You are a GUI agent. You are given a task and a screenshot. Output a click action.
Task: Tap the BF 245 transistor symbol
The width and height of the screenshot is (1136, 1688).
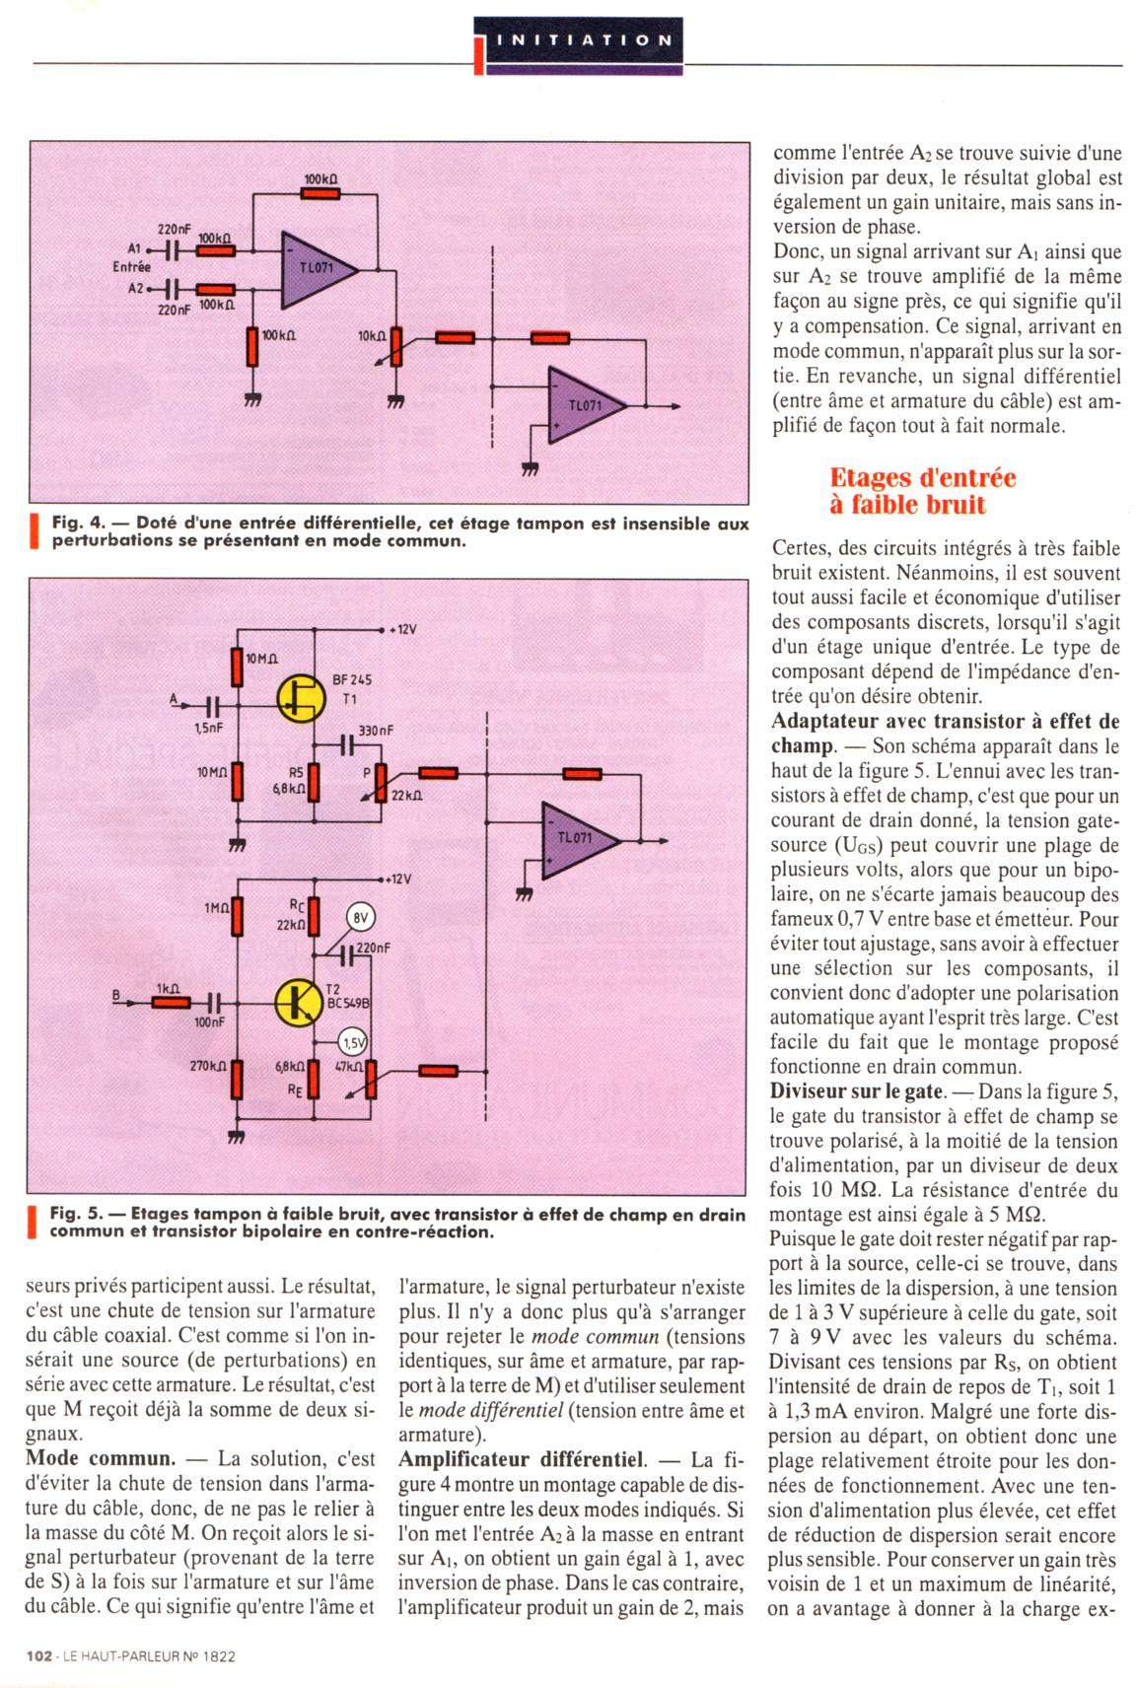tap(300, 696)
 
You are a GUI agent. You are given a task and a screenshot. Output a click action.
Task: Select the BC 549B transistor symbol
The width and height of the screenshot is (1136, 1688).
tap(296, 1001)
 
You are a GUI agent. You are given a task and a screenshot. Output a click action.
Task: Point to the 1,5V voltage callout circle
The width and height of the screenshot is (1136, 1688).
tap(352, 1041)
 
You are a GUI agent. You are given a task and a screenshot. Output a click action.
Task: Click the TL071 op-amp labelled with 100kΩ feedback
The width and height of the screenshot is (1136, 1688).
tap(320, 268)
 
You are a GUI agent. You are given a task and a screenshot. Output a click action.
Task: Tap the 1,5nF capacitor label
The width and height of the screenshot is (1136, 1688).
tap(208, 727)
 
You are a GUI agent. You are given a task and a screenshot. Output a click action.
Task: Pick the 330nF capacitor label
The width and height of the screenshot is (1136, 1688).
tap(375, 731)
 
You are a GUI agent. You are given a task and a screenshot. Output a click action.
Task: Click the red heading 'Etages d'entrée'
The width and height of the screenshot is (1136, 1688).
tap(922, 478)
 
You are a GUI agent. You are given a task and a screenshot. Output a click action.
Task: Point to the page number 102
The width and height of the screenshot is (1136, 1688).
tap(40, 1656)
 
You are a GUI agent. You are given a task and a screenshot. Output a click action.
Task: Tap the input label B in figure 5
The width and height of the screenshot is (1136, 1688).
tap(115, 996)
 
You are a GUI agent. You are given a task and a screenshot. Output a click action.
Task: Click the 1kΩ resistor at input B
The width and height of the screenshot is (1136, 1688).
tap(172, 1003)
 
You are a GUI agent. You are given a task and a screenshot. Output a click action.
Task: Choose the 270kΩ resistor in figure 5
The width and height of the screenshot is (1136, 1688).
tap(238, 1080)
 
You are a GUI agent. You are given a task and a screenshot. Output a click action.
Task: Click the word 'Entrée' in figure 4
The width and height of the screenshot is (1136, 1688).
tap(132, 266)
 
